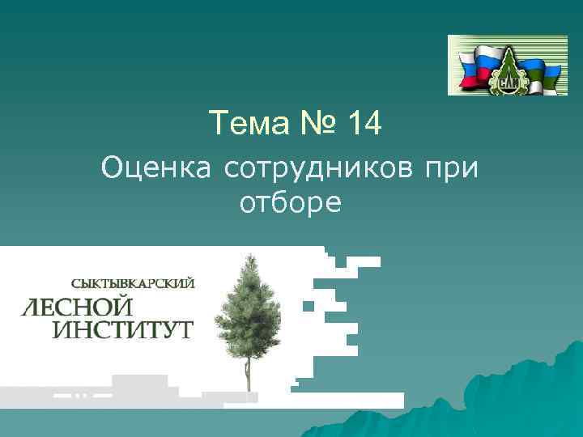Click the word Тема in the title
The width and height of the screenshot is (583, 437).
pos(244,124)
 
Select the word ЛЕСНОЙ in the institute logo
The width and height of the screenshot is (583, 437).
pos(78,307)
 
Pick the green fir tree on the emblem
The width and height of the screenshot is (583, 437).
pos(509,61)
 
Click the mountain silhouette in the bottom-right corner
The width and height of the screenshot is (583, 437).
pos(518,397)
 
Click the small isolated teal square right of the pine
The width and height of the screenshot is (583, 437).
pos(308,306)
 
